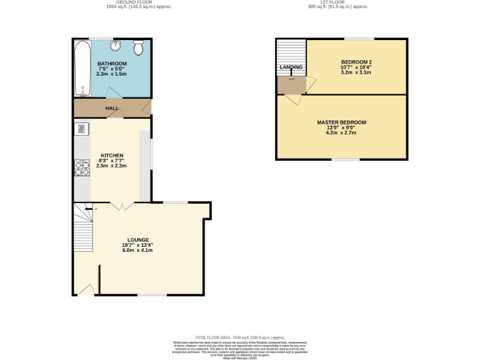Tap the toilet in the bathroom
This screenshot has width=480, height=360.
[138, 47]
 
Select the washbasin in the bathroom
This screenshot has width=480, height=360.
[116, 46]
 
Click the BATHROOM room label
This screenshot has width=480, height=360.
[112, 64]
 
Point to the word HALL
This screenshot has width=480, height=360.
[112, 108]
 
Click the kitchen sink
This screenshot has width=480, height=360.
[81, 129]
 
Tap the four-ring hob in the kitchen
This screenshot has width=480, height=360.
[81, 168]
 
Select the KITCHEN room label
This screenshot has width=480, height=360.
[112, 156]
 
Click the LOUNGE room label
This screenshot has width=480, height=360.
[137, 240]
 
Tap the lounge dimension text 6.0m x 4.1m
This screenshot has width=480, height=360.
[137, 250]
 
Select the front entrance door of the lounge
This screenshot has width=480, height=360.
[86, 289]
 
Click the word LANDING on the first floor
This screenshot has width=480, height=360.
[291, 67]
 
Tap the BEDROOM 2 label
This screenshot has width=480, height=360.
[356, 62]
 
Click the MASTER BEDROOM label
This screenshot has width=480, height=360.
[341, 122]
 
